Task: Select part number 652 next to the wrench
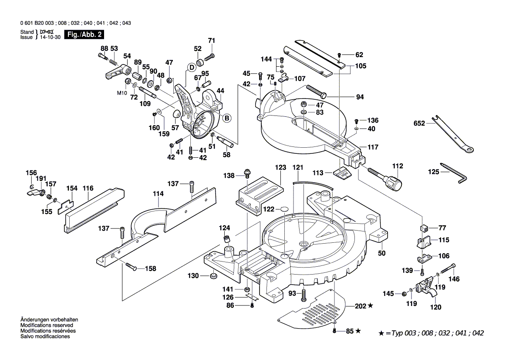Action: coord(419,124)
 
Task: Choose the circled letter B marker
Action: coord(226,118)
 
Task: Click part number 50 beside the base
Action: coord(382,253)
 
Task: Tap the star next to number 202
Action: coord(371,306)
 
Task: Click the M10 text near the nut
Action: coord(121,93)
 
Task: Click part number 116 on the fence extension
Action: coord(88,188)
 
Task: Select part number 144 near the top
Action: coord(266,59)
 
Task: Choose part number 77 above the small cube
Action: coord(442,228)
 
